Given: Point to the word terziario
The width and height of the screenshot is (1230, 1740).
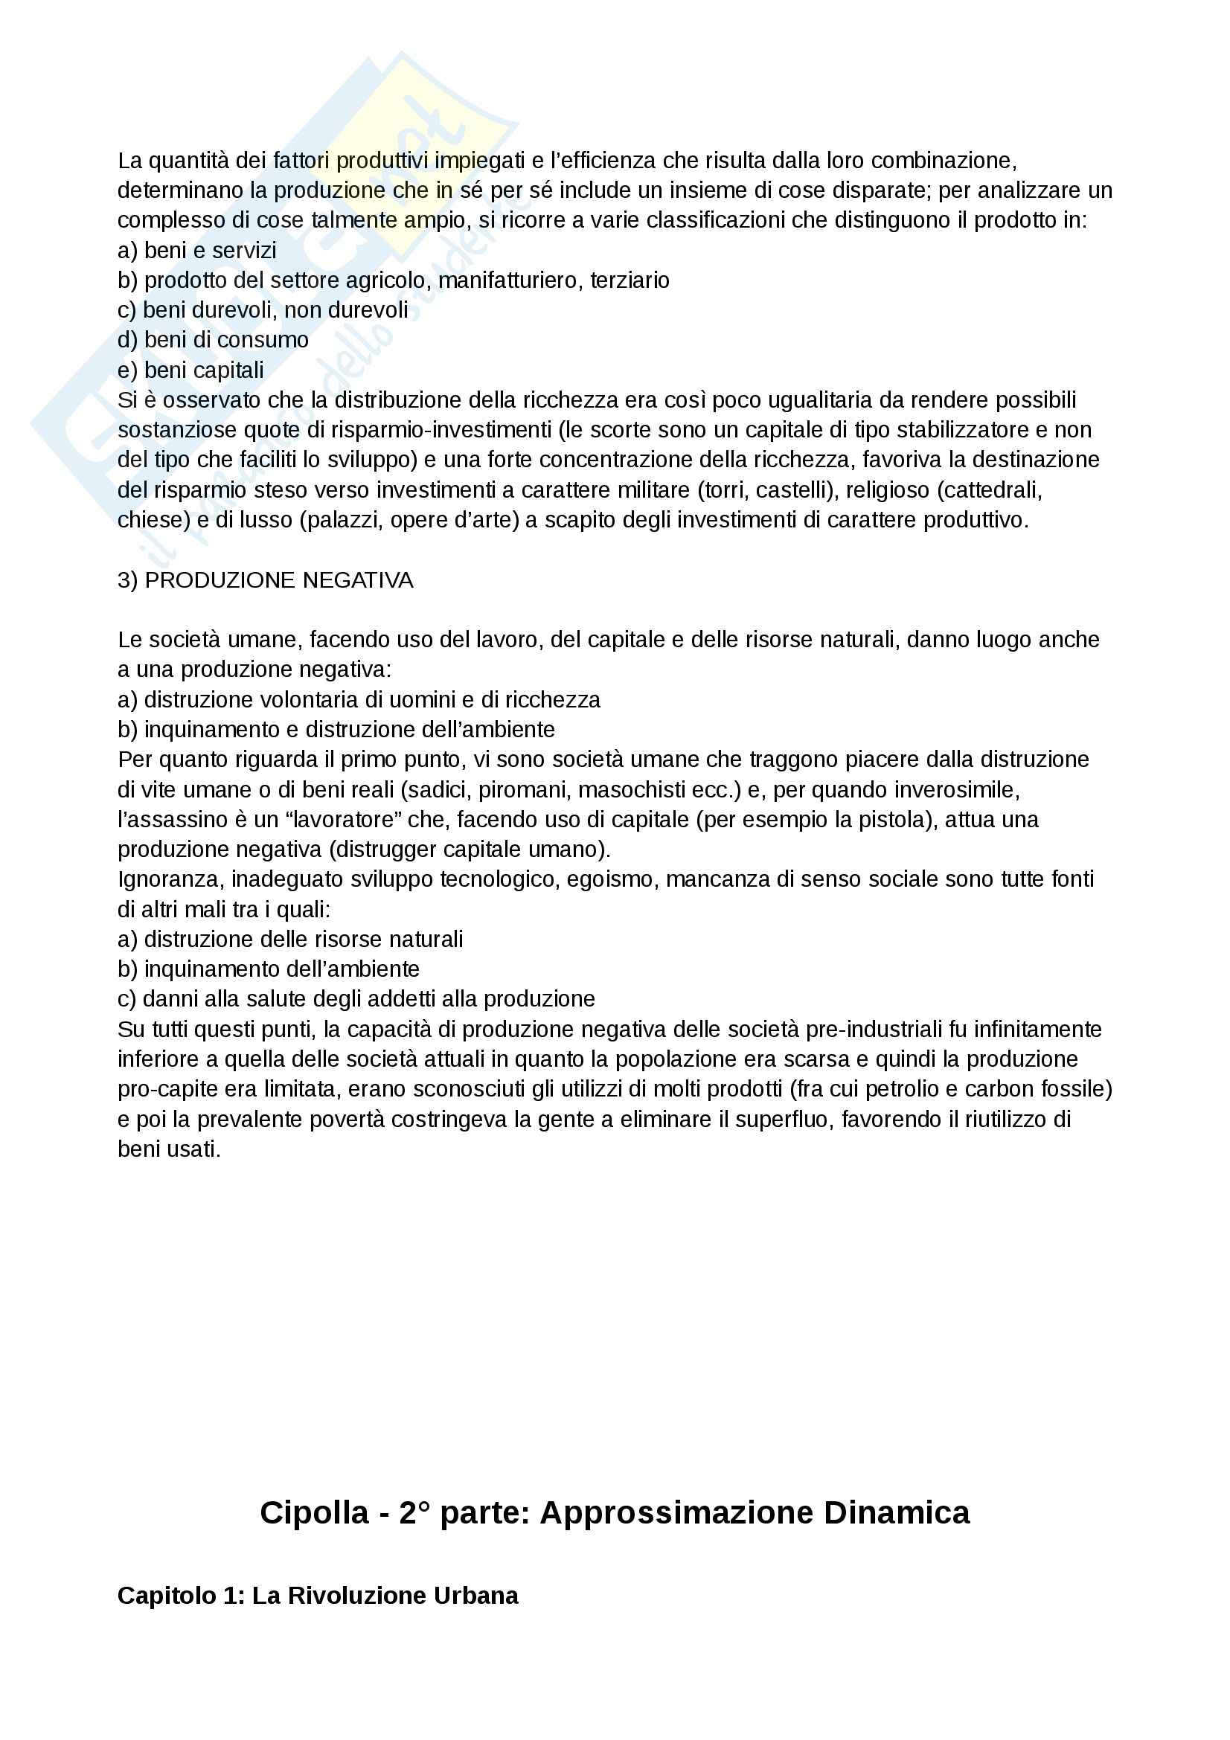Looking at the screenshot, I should click(630, 280).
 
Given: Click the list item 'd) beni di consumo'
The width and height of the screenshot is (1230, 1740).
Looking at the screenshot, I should click(213, 340).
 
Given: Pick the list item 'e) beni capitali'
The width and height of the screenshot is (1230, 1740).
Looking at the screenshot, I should click(191, 370).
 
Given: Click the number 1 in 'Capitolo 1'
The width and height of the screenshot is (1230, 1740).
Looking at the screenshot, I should click(231, 1595).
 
